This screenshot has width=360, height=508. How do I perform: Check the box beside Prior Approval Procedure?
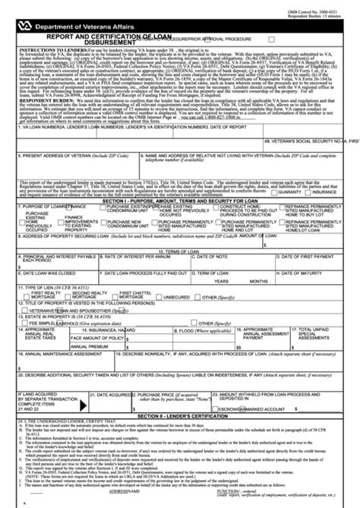pos(271,36)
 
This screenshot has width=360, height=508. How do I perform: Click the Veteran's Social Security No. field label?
pos(311,162)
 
